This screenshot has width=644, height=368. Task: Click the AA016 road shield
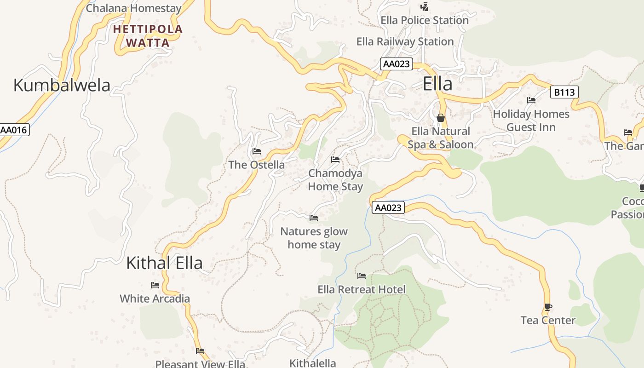(x=14, y=130)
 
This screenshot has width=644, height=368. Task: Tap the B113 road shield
(x=564, y=92)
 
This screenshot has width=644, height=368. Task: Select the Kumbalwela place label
(x=62, y=86)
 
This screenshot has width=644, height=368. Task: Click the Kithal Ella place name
(x=164, y=263)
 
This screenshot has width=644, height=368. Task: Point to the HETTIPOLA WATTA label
(x=148, y=36)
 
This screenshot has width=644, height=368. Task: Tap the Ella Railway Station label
(x=405, y=42)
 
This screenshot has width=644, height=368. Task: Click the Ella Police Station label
(x=424, y=20)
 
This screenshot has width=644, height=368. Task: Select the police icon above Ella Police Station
(x=425, y=7)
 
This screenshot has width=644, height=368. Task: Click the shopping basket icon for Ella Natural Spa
(x=441, y=118)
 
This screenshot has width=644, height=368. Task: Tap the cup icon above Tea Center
(x=548, y=307)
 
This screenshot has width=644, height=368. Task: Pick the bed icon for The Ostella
(x=257, y=151)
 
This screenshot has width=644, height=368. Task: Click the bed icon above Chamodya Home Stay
(x=335, y=160)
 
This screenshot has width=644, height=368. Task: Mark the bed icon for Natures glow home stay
(x=314, y=218)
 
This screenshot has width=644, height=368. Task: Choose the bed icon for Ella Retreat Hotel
(x=362, y=276)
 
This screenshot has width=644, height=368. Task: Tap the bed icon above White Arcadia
(x=155, y=285)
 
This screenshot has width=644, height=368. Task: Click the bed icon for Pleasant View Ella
(x=200, y=351)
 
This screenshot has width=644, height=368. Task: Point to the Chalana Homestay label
(x=133, y=8)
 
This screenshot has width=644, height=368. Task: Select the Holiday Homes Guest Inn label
(x=531, y=121)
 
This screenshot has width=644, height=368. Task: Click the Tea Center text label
(x=548, y=321)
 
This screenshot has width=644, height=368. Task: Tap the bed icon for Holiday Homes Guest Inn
(x=531, y=100)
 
